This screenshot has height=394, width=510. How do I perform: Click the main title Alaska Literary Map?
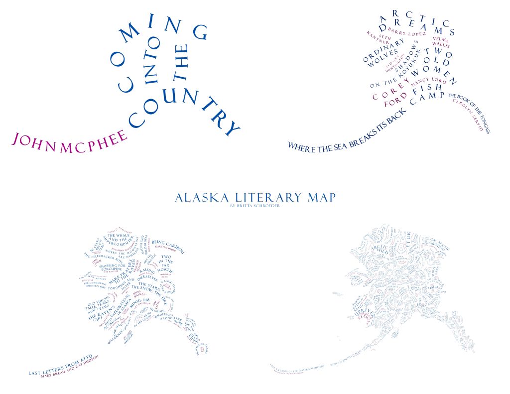pos(255,198)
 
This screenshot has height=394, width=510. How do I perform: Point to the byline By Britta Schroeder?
pos(255,206)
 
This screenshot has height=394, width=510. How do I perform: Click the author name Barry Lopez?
pos(407,33)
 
